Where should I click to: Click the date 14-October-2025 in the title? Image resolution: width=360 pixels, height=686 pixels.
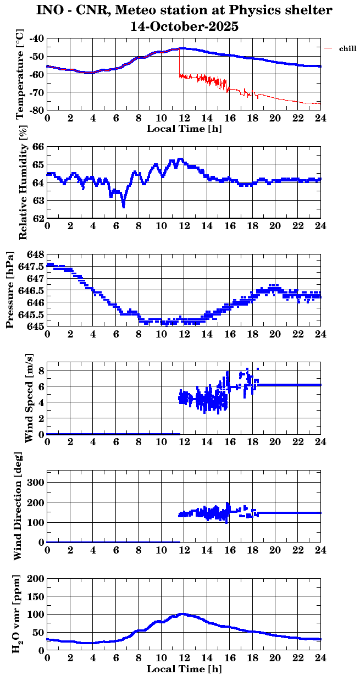(184, 26)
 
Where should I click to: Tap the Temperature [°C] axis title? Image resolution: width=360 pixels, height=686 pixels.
(21, 75)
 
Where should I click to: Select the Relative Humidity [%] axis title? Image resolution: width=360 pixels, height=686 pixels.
(23, 182)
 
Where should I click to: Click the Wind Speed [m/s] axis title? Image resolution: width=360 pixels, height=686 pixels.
(29, 399)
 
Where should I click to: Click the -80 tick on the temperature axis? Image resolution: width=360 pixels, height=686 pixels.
(37, 110)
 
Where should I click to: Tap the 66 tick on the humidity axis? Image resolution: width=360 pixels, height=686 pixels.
(39, 147)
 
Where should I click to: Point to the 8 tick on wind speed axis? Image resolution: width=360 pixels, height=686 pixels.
(41, 370)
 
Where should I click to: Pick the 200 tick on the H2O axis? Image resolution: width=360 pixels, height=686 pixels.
(36, 578)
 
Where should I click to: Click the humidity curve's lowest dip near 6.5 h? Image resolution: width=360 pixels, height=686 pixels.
(123, 206)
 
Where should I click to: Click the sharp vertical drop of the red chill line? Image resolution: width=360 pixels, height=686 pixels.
(179, 63)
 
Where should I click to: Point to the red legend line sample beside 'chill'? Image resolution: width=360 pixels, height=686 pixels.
(329, 49)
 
